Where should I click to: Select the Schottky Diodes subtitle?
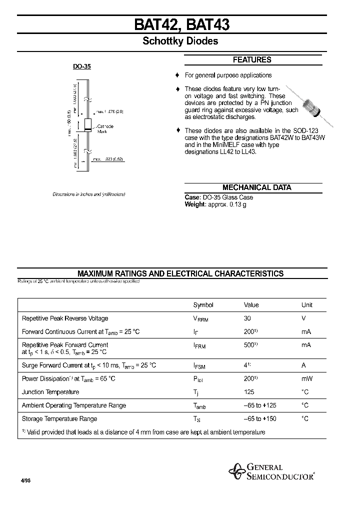click(x=180, y=41)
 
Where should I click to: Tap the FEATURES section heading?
click(x=252, y=60)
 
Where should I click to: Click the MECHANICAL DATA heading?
click(x=256, y=187)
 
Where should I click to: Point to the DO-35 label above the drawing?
click(x=82, y=66)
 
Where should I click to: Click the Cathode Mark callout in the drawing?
click(x=105, y=129)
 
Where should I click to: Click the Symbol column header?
click(x=203, y=305)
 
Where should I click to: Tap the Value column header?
click(x=251, y=305)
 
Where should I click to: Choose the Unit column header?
click(x=306, y=305)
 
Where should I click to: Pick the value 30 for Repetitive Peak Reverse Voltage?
click(x=247, y=318)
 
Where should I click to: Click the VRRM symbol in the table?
click(x=200, y=319)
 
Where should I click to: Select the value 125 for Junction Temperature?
click(x=249, y=392)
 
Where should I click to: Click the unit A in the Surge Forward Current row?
click(x=303, y=365)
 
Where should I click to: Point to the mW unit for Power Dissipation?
click(x=306, y=379)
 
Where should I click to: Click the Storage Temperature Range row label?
click(x=59, y=419)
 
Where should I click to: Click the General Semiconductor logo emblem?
click(x=236, y=471)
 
